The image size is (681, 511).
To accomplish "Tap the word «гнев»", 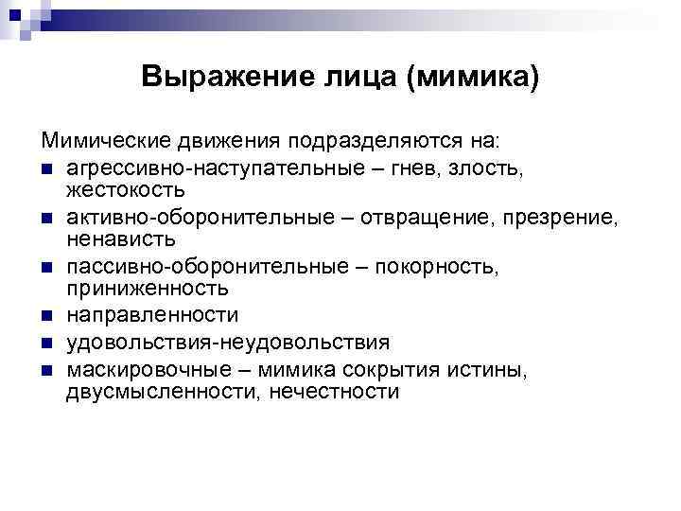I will (400, 168).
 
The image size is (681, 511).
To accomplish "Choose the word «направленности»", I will (151, 315).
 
